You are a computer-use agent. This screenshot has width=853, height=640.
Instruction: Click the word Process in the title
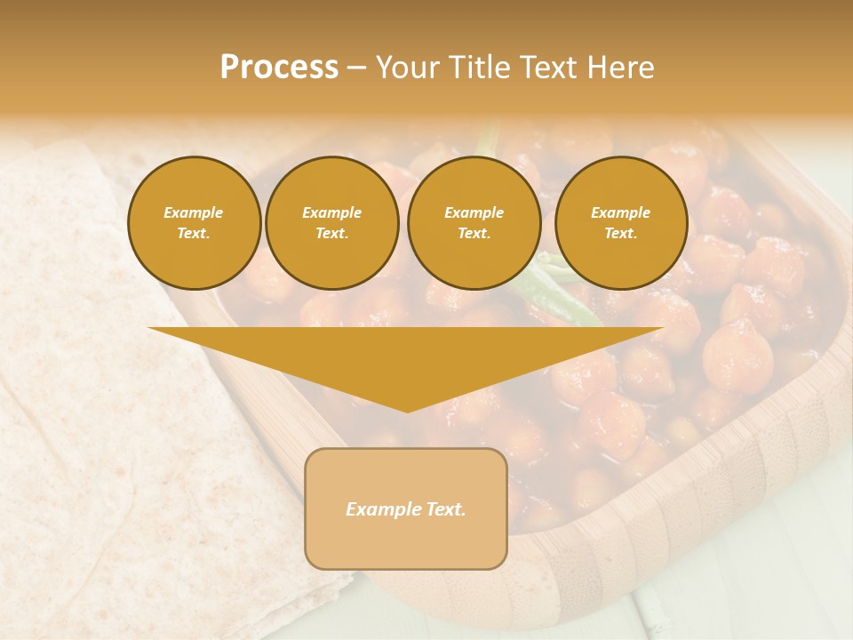pos(279,68)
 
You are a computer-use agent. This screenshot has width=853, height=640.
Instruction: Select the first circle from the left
pos(195,223)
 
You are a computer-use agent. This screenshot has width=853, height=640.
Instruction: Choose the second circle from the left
pos(332,223)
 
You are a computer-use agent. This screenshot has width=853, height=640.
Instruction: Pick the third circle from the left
pos(474,223)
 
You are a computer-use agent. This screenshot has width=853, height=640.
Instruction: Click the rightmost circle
pos(621,223)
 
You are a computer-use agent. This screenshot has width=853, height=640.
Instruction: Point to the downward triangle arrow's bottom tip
pos(407,410)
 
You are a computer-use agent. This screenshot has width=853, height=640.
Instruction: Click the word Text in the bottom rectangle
pos(447,509)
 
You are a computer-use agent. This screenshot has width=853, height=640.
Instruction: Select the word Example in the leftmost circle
pos(194,212)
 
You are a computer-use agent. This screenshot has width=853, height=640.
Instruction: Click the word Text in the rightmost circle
pos(620,234)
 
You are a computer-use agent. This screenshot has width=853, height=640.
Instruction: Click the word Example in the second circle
pos(332,212)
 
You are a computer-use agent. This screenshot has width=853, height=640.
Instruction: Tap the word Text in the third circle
pos(474,234)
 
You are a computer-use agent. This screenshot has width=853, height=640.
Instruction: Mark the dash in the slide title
pos(356,68)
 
